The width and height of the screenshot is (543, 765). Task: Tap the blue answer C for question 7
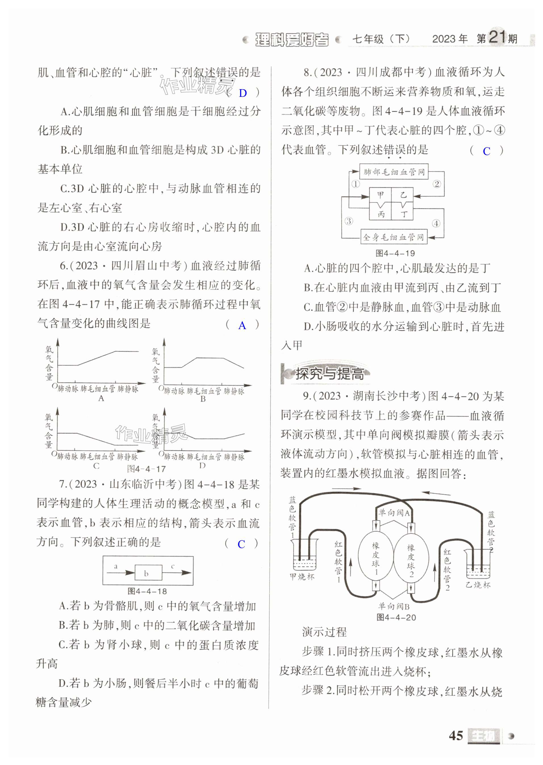pos(241,544)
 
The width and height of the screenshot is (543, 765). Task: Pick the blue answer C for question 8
pos(486,151)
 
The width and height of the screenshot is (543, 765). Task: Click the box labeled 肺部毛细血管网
pos(394,172)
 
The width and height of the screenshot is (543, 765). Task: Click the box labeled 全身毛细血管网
pos(394,237)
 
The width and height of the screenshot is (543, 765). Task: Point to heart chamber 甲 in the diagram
pos(381,195)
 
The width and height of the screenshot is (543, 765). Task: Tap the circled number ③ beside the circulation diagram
pos(349,221)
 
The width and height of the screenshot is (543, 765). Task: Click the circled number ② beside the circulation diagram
pos(437,184)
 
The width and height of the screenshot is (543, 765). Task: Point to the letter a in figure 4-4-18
pos(116,566)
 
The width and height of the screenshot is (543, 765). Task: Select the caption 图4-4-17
pos(147,469)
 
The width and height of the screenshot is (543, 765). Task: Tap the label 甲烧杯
pos(302,576)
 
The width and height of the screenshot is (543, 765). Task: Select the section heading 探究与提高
pos(329,373)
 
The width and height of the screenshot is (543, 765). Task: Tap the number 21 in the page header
pos(497,37)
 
